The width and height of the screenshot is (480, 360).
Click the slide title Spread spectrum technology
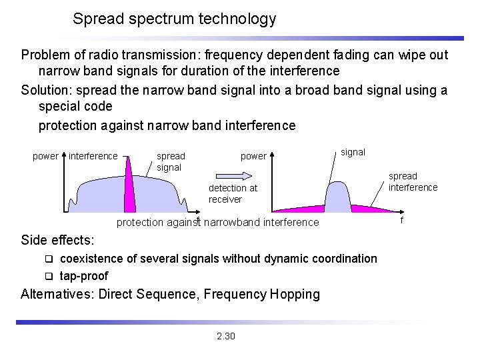coord(174,19)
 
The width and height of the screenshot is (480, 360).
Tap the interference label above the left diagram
coord(93,156)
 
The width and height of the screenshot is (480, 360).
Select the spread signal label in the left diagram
coord(170,161)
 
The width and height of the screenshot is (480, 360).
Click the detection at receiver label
coord(233,193)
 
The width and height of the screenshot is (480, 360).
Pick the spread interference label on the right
coord(413,181)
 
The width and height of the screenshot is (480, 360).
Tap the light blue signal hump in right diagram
coord(337,197)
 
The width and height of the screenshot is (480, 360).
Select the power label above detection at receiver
coord(253,156)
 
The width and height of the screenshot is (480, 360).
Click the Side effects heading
coord(57,239)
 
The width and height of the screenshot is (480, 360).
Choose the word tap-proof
coord(83,275)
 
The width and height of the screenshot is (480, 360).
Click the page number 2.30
coord(226,336)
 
